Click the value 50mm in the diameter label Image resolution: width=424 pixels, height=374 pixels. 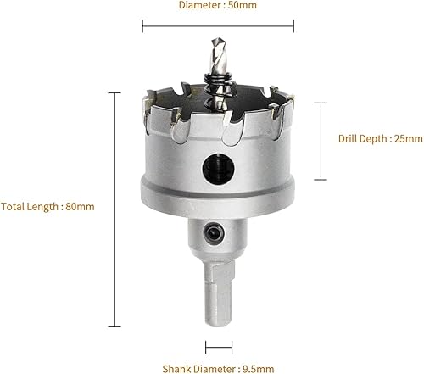(x=243, y=5)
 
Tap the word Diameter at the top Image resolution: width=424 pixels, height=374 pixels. (x=200, y=5)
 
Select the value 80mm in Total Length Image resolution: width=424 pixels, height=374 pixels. (x=80, y=207)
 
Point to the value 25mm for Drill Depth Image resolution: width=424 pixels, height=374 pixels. (x=409, y=139)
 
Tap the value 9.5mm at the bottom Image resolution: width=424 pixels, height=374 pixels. (x=259, y=369)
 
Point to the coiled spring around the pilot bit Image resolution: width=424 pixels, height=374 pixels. (x=219, y=90)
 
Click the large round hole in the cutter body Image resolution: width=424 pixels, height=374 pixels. (x=218, y=169)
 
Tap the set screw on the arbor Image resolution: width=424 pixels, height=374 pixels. (x=215, y=233)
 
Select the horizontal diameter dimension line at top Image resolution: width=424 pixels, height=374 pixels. (x=218, y=26)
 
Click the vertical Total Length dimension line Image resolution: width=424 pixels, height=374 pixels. (x=114, y=209)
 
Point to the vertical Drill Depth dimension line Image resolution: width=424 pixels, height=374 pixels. (x=321, y=141)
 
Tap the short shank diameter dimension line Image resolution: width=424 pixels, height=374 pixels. (x=219, y=347)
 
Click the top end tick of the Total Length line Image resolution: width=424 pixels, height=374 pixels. (x=114, y=92)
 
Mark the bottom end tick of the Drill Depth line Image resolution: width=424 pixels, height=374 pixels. (x=321, y=180)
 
